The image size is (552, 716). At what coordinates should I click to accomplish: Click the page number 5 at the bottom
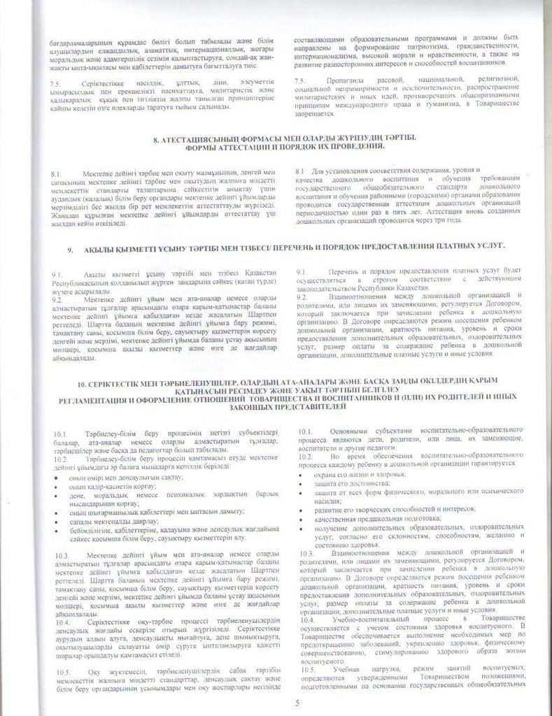[296, 701]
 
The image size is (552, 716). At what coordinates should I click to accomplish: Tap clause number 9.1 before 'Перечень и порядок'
[301, 271]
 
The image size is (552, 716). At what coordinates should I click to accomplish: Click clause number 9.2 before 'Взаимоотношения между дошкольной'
[301, 296]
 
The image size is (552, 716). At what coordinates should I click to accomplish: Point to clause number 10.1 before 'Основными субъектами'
[306, 432]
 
